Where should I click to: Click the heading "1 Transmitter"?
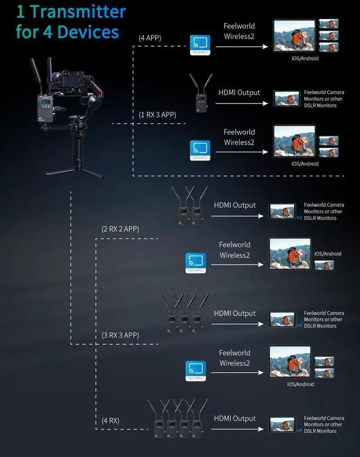(71, 11)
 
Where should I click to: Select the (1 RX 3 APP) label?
(157, 115)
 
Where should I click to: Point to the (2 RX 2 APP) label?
(120, 229)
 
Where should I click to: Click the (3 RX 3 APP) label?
(120, 335)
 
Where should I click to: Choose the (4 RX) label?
(110, 420)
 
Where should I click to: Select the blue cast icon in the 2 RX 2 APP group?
(196, 262)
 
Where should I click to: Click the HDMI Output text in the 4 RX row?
(235, 419)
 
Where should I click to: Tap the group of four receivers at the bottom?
(177, 419)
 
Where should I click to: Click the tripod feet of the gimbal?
(74, 171)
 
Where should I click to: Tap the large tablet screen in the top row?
(294, 36)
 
